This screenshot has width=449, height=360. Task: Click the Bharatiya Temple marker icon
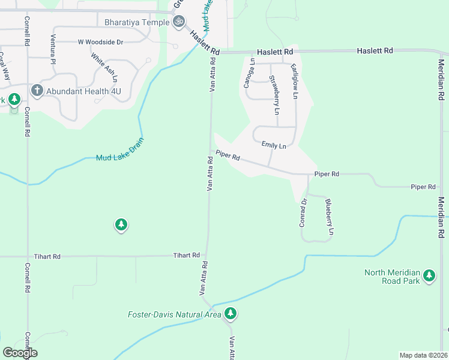coord(178,22)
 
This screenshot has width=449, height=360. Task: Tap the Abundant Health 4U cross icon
coord(36,91)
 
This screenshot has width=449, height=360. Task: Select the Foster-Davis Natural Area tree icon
coord(231,313)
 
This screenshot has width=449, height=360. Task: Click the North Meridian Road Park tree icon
coord(429,275)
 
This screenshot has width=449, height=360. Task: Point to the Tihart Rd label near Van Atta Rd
coord(186,256)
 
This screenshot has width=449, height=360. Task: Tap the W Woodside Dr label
coord(100,42)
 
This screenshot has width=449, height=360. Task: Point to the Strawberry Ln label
coord(274,95)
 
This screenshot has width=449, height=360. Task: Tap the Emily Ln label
coord(274,145)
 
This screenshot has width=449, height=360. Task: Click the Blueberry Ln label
coord(329,217)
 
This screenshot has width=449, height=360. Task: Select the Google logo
coord(20,353)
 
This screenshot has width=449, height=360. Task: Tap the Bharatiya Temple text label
coord(137,22)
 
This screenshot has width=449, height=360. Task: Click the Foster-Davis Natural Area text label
coord(175,314)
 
